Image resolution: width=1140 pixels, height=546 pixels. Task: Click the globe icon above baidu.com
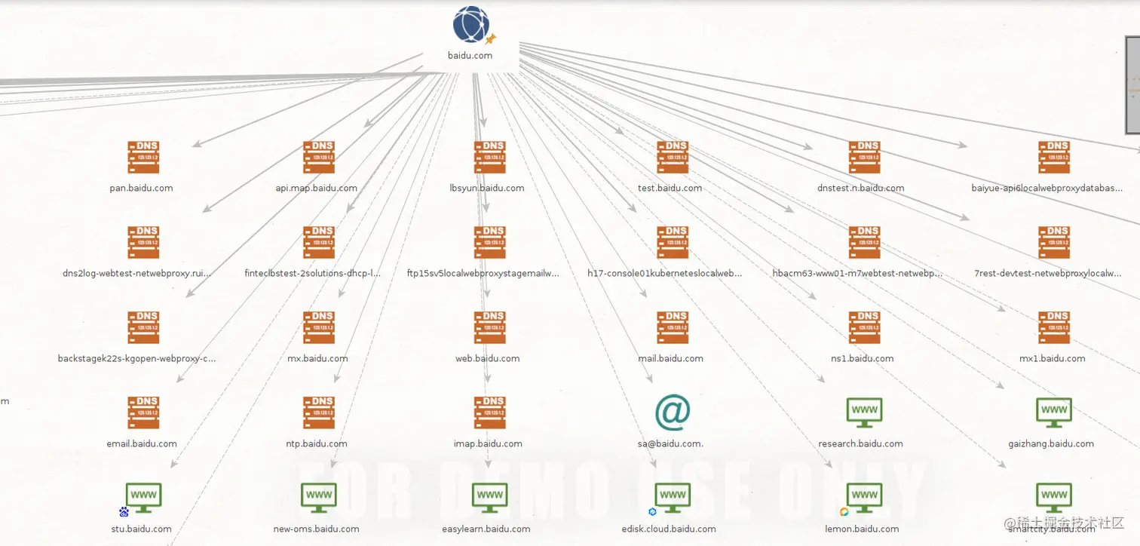[471, 24]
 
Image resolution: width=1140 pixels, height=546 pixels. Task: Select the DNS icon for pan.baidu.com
[143, 157]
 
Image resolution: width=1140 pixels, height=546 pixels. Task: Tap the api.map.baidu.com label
[317, 188]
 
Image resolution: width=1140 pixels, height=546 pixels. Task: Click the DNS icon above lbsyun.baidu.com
[490, 157]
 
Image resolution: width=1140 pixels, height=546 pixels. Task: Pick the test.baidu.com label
[670, 188]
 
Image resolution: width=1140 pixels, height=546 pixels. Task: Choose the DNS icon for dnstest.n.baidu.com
[864, 157]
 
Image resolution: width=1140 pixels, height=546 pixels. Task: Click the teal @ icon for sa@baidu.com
[672, 413]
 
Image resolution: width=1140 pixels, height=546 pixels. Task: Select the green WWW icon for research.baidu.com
[864, 412]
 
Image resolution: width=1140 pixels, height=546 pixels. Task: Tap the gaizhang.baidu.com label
[1051, 443]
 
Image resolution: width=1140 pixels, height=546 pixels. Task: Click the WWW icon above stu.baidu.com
[143, 496]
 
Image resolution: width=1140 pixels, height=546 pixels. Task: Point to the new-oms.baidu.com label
[316, 529]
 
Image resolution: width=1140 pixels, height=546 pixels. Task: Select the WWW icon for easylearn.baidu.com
[490, 496]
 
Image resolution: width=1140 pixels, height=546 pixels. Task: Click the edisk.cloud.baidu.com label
[669, 529]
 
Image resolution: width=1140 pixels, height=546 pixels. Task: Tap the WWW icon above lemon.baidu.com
[864, 496]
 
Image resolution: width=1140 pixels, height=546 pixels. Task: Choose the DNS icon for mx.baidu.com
[319, 327]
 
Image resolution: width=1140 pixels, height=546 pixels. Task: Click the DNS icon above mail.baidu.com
[673, 327]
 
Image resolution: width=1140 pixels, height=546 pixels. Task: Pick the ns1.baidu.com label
[862, 358]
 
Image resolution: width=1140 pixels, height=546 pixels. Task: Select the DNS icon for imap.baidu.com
[490, 413]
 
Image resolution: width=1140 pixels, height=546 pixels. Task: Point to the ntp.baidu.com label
[317, 443]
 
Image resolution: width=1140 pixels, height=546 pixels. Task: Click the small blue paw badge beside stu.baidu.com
[124, 512]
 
